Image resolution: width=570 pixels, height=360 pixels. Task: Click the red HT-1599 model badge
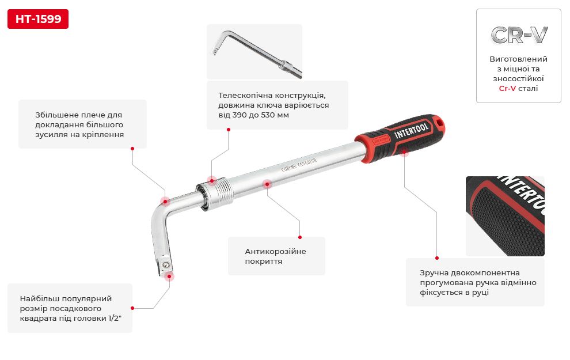pyautogui.click(x=38, y=19)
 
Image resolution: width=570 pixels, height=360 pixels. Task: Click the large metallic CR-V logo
pyautogui.click(x=519, y=35)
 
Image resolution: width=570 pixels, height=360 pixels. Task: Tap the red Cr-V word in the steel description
pyautogui.click(x=507, y=88)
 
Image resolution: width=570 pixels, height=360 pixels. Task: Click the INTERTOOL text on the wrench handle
pyautogui.click(x=412, y=130)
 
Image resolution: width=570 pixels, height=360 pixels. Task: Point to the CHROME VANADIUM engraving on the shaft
pyautogui.click(x=299, y=165)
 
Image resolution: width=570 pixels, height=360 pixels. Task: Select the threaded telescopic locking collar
pyautogui.click(x=215, y=194)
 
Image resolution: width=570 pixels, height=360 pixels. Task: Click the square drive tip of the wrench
pyautogui.click(x=164, y=267)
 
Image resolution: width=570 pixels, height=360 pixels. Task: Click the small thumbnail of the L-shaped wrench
pyautogui.click(x=254, y=52)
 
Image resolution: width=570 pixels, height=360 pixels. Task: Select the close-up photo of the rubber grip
pyautogui.click(x=505, y=216)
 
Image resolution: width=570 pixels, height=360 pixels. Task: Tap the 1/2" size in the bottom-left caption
pyautogui.click(x=115, y=318)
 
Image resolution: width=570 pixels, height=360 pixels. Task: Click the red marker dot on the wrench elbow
pyautogui.click(x=165, y=202)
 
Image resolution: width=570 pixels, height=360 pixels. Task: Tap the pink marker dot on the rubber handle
pyautogui.click(x=404, y=153)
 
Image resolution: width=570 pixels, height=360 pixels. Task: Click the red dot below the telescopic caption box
pyautogui.click(x=229, y=130)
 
